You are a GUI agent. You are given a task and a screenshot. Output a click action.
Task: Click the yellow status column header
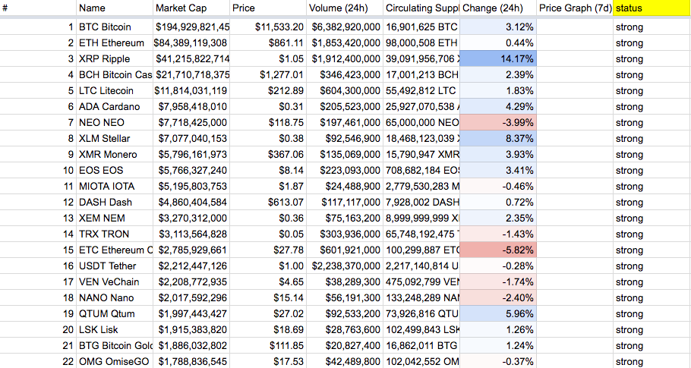pos(652,8)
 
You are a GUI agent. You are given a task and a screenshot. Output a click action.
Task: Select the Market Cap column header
pos(191,8)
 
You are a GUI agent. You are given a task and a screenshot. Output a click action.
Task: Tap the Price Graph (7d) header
pos(574,8)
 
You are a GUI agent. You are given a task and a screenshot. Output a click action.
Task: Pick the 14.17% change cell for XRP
pos(498,59)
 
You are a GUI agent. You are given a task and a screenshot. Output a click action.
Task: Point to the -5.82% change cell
pos(498,250)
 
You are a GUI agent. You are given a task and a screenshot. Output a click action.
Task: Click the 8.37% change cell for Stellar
pos(498,139)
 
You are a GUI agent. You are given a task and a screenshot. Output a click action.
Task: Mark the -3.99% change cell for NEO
pos(498,123)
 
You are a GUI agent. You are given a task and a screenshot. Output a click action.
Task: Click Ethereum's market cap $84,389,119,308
pos(191,43)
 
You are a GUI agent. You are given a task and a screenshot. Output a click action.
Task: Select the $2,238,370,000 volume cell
pos(345,266)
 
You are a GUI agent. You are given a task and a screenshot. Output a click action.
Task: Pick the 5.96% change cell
pos(498,314)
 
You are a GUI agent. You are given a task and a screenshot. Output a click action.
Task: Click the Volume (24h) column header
pos(345,8)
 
